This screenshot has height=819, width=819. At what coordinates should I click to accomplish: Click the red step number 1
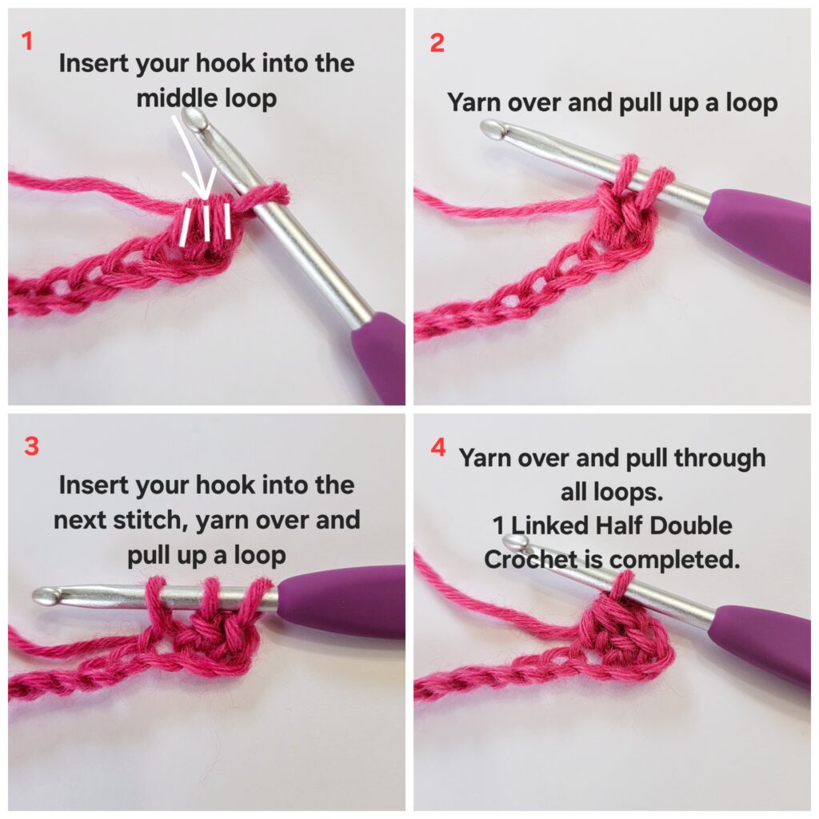pyautogui.click(x=27, y=41)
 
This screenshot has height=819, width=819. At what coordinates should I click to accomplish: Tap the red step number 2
pyautogui.click(x=437, y=42)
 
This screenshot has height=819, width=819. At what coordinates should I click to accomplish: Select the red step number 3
pyautogui.click(x=31, y=446)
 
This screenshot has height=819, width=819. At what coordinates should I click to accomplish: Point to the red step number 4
pyautogui.click(x=438, y=447)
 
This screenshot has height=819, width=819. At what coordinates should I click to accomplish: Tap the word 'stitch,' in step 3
pyautogui.click(x=150, y=520)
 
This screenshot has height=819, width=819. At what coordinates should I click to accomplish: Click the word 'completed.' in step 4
pyautogui.click(x=674, y=561)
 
